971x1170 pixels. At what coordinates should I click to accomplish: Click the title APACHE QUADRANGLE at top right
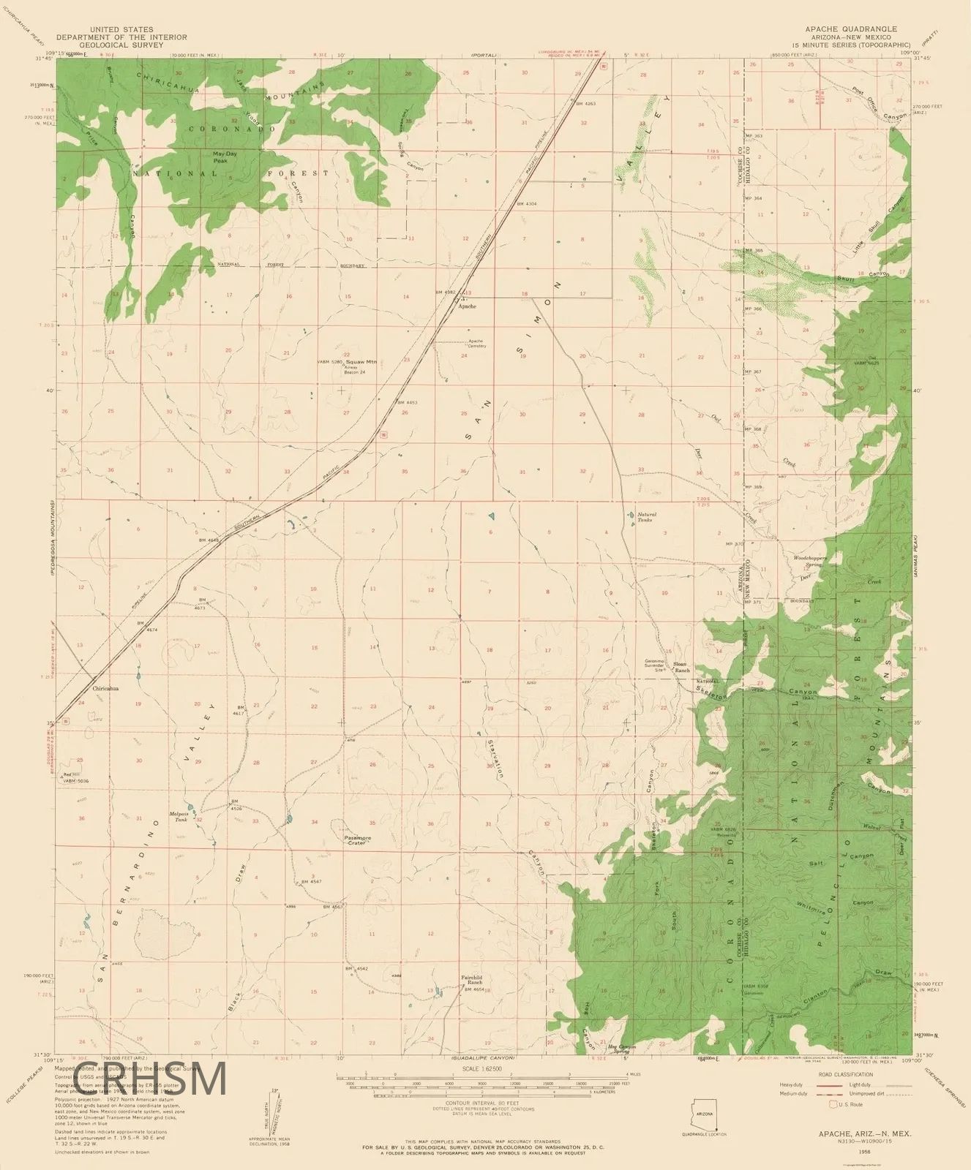click(851, 29)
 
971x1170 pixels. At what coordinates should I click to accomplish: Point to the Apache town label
click(467, 306)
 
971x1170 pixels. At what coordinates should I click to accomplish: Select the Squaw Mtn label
click(362, 361)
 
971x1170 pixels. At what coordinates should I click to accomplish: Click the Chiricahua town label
click(105, 688)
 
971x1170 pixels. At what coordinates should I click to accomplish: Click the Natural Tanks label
click(647, 517)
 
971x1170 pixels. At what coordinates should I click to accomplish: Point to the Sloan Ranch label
click(681, 667)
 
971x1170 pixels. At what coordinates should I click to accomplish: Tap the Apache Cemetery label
click(476, 344)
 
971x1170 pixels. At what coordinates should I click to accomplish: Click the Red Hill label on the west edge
click(71, 775)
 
